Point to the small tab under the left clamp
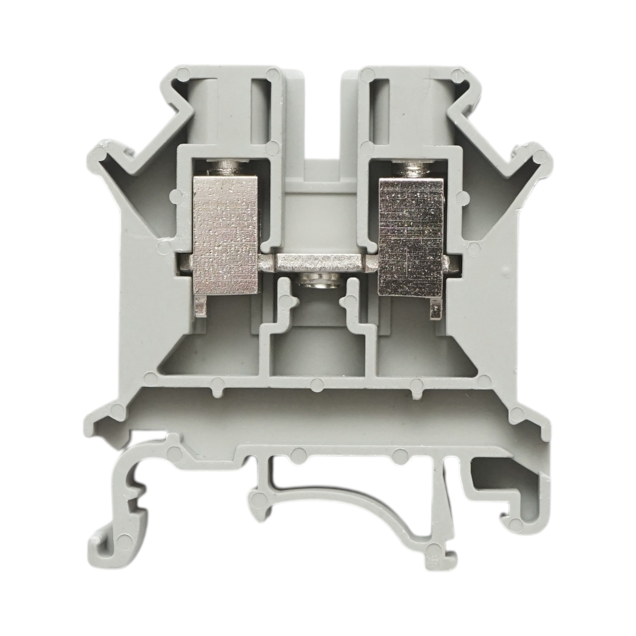tap(200, 307)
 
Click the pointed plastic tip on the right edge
tap(539, 155)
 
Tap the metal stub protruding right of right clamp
tap(450, 261)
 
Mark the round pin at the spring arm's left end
tap(260, 497)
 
